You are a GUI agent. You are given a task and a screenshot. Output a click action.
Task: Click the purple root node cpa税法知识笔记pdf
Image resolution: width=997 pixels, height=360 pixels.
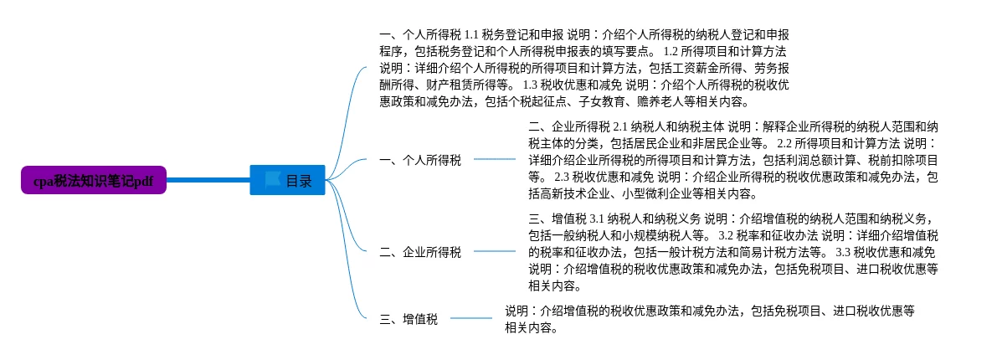pyautogui.click(x=94, y=181)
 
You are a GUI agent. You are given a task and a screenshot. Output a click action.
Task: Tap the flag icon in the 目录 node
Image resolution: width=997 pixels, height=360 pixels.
pyautogui.click(x=272, y=180)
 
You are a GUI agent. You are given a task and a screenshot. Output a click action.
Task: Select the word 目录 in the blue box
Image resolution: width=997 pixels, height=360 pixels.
pyautogui.click(x=299, y=181)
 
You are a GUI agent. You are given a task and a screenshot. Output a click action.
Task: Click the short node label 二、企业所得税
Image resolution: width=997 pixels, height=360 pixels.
pyautogui.click(x=420, y=252)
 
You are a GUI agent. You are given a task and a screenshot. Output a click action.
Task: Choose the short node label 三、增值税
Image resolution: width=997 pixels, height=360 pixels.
pyautogui.click(x=409, y=319)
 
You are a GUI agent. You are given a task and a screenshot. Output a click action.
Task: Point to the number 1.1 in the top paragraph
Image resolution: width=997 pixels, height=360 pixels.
pyautogui.click(x=475, y=35)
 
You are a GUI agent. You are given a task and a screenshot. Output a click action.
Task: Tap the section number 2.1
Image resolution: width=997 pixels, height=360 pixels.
pyautogui.click(x=625, y=127)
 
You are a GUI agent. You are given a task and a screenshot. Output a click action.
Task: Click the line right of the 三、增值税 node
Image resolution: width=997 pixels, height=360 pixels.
pyautogui.click(x=471, y=318)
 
